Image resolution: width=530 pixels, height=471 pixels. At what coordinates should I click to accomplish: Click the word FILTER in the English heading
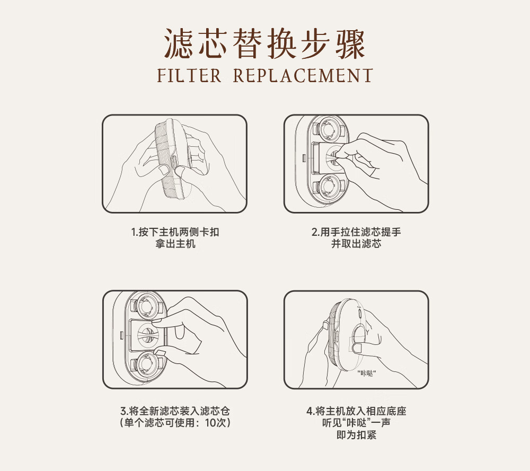(189, 75)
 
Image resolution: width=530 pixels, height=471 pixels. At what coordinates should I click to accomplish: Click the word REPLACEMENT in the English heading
(303, 75)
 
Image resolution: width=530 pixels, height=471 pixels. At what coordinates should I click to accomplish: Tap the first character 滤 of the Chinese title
(179, 44)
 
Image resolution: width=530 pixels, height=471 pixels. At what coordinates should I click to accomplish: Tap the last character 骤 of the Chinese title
(350, 44)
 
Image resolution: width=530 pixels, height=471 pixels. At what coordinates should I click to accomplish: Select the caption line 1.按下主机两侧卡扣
(175, 232)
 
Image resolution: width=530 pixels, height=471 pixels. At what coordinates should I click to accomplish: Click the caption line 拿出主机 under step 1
(175, 244)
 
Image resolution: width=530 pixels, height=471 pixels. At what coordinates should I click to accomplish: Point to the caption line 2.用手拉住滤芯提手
(356, 232)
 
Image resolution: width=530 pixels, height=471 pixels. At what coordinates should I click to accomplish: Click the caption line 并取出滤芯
(356, 244)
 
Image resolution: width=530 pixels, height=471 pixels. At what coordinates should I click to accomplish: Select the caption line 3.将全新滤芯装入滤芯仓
(175, 411)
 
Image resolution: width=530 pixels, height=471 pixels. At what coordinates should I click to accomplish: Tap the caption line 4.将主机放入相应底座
(356, 411)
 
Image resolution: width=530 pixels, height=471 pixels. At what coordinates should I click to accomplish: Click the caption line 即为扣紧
(356, 434)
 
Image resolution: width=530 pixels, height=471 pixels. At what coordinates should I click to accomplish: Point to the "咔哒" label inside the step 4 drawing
(367, 373)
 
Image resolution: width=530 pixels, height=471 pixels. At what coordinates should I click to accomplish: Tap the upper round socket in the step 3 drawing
(146, 306)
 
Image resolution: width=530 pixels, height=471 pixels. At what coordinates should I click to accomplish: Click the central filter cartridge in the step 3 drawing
(147, 335)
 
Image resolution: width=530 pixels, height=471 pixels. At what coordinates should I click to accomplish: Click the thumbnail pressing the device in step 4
(356, 348)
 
